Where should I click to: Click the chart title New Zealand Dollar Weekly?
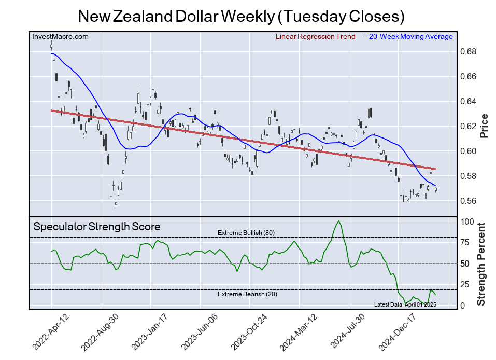(241, 16)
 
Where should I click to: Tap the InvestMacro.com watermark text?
(61, 37)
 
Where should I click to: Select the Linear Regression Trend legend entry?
(313, 37)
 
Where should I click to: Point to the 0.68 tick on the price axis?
(469, 52)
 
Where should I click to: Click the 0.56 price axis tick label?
(469, 201)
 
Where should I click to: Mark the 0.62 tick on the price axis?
(469, 127)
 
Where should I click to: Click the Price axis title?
(484, 126)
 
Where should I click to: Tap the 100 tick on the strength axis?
(467, 221)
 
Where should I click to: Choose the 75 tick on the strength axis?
(465, 242)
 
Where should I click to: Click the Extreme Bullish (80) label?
(246, 233)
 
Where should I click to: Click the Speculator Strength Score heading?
(97, 227)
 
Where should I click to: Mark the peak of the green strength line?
(338, 221)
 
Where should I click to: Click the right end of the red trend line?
(435, 169)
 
